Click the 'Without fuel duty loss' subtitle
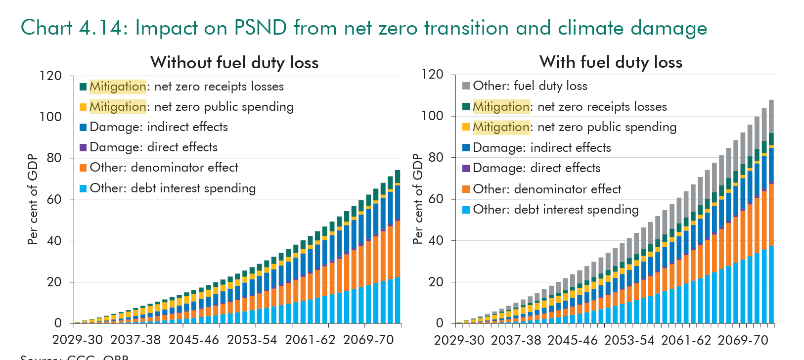[234, 63]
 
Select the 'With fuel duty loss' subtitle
[611, 62]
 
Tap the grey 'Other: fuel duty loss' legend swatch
[466, 86]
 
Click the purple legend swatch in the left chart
[83, 147]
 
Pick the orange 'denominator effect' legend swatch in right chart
[466, 189]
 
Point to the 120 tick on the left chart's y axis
[51, 76]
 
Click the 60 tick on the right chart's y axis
[433, 199]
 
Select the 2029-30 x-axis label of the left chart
[78, 340]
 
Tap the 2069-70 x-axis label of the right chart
[743, 340]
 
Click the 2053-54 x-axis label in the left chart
[252, 340]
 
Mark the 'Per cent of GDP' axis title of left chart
[33, 199]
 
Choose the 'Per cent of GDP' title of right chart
[418, 199]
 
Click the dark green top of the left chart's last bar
[398, 177]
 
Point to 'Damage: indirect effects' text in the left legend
[159, 127]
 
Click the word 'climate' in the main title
[592, 28]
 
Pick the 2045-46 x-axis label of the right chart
[573, 340]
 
